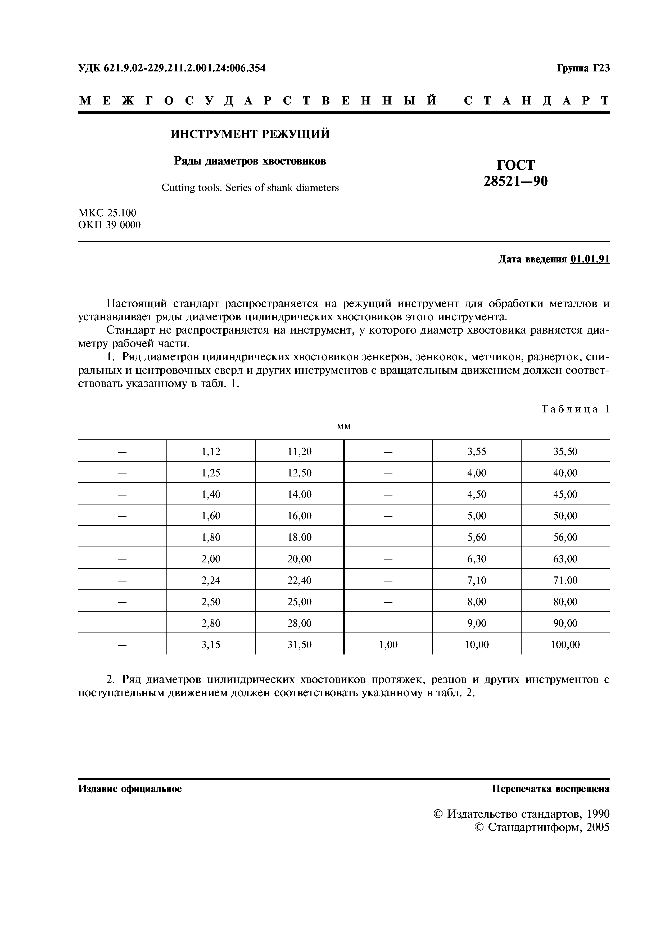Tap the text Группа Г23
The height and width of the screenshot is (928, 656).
tap(583, 68)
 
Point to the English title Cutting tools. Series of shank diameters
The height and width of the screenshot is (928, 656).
tap(250, 188)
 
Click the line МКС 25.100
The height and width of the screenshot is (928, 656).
tap(107, 213)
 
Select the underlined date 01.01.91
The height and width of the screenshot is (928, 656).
tap(590, 259)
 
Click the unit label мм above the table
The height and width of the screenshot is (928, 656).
tap(343, 426)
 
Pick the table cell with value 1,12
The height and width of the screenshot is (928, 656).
tap(211, 452)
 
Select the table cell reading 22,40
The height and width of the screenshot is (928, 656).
tap(300, 580)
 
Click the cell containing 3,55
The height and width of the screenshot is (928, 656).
tap(477, 452)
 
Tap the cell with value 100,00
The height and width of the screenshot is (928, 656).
tap(565, 645)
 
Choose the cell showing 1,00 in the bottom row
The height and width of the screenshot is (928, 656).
tap(388, 645)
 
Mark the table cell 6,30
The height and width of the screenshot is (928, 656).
tap(477, 559)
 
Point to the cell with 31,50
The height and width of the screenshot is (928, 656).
tap(300, 645)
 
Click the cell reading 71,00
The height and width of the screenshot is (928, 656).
tap(565, 580)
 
